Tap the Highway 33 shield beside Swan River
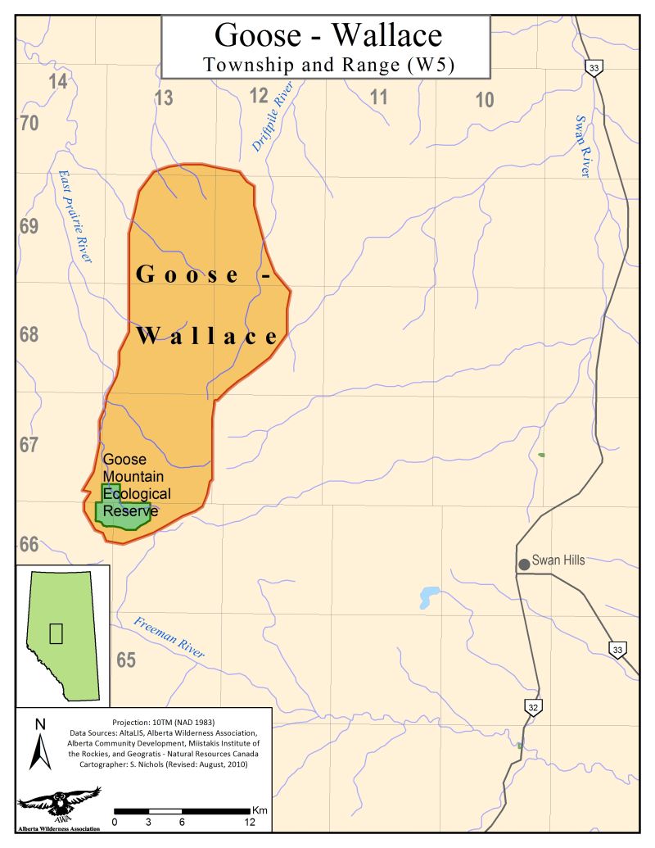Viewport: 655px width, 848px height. pyautogui.click(x=594, y=67)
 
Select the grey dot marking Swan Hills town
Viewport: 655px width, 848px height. pyautogui.click(x=523, y=564)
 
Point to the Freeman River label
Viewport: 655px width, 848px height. pyautogui.click(x=170, y=637)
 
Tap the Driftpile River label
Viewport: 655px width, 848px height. pyautogui.click(x=272, y=120)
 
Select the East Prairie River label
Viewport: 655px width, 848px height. pyautogui.click(x=74, y=216)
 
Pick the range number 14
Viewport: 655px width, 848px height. pyautogui.click(x=57, y=81)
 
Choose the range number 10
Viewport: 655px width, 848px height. pyautogui.click(x=485, y=100)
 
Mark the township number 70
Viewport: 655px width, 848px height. pyautogui.click(x=29, y=124)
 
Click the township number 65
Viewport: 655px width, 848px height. pyautogui.click(x=125, y=660)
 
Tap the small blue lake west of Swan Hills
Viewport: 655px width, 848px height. pyautogui.click(x=427, y=596)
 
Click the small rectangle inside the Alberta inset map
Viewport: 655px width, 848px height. pyautogui.click(x=56, y=633)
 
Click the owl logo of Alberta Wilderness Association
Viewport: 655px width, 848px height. pyautogui.click(x=59, y=803)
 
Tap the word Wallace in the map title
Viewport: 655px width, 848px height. pyautogui.click(x=387, y=34)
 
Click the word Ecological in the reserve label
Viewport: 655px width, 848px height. pyautogui.click(x=137, y=494)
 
